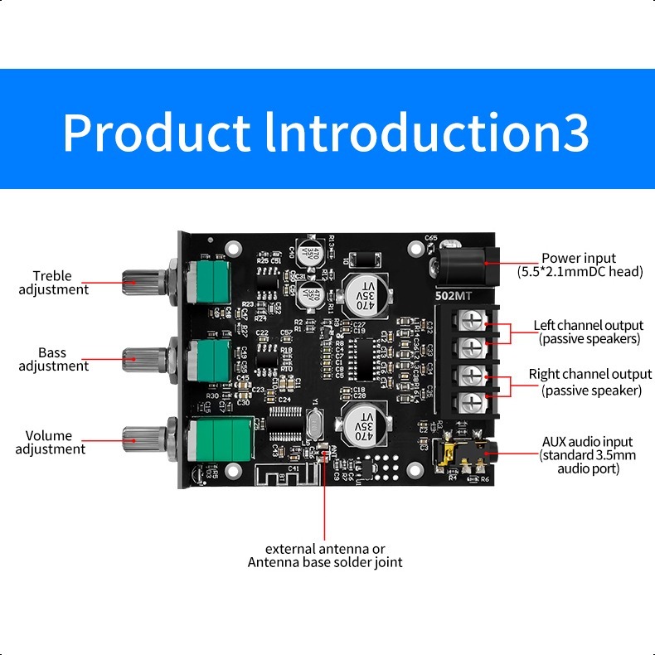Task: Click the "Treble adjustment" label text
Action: click(x=53, y=283)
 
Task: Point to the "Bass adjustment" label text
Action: click(x=53, y=359)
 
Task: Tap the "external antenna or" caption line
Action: click(x=325, y=549)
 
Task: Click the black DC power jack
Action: click(x=464, y=264)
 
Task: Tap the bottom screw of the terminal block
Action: click(x=469, y=403)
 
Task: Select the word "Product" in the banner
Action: click(x=156, y=131)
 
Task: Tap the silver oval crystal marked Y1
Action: click(x=313, y=428)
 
